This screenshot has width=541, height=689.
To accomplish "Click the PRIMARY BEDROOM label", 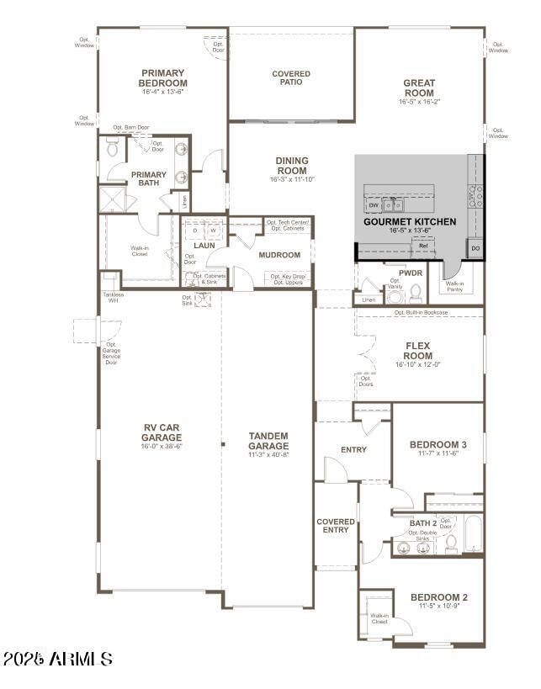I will click(x=163, y=78).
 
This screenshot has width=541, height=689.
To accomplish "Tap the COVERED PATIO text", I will click(x=291, y=78).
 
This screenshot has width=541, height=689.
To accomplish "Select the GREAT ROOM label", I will click(x=419, y=88).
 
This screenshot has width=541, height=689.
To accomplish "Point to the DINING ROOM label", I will click(x=292, y=165).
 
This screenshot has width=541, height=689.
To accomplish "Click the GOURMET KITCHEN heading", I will click(x=410, y=222).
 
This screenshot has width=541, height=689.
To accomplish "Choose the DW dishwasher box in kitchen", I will click(x=373, y=204).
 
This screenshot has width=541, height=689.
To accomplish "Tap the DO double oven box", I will click(x=475, y=249).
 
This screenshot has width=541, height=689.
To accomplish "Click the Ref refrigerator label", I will click(x=423, y=246).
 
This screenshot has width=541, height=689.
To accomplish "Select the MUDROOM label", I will click(x=279, y=255).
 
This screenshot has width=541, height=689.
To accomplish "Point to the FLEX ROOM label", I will click(x=418, y=351).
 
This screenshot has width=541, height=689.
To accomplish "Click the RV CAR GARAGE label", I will click(x=161, y=432).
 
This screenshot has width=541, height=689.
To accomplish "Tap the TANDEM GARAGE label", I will click(x=268, y=441).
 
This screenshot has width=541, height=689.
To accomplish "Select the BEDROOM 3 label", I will click(x=438, y=445).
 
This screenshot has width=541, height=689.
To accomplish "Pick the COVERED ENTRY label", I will click(x=336, y=526).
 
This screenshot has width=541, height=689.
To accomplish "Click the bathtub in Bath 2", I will click(x=473, y=535).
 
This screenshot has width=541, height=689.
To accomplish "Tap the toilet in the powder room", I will click(x=415, y=292).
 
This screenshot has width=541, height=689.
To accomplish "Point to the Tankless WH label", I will click(x=113, y=297).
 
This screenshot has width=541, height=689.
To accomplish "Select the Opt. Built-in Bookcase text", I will click(x=421, y=313).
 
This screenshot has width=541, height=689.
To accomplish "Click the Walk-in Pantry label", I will click(x=454, y=285).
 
